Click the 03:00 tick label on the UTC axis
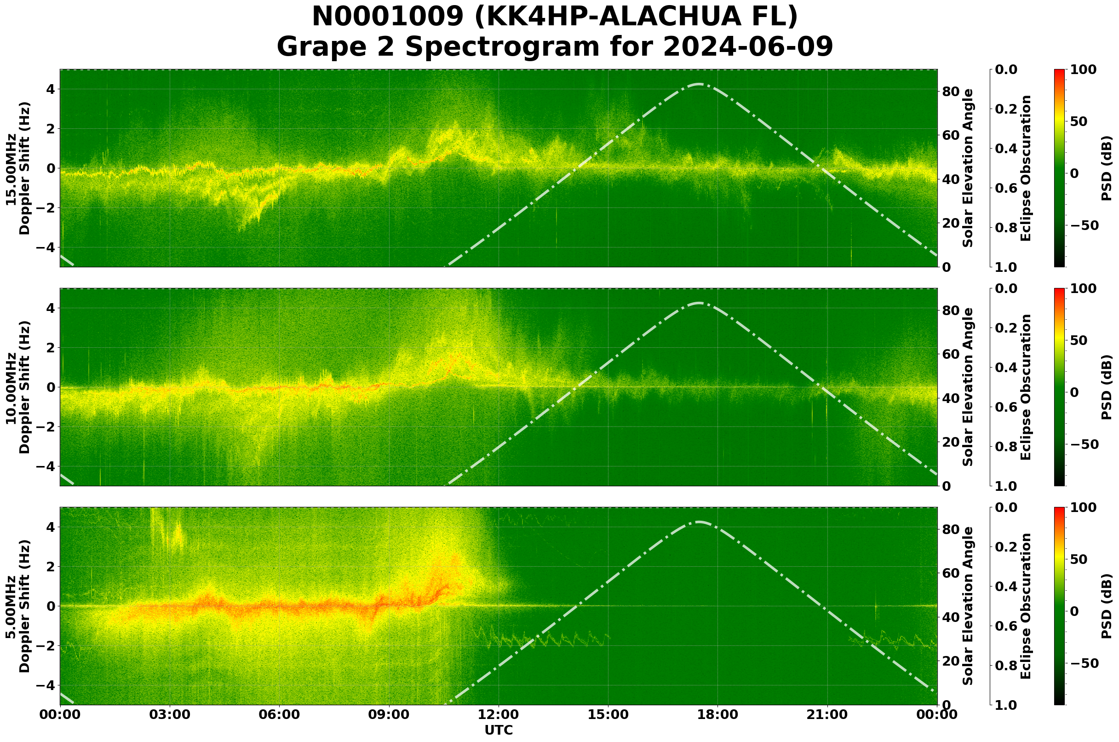click(x=169, y=714)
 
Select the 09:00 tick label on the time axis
click(x=389, y=714)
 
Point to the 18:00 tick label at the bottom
click(x=718, y=714)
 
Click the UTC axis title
click(x=499, y=730)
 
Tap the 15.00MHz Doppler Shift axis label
click(x=18, y=168)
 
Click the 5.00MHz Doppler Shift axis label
click(x=18, y=606)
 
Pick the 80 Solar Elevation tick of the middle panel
click(x=950, y=311)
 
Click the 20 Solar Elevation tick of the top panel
click(x=950, y=224)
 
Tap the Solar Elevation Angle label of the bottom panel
click(x=968, y=606)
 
